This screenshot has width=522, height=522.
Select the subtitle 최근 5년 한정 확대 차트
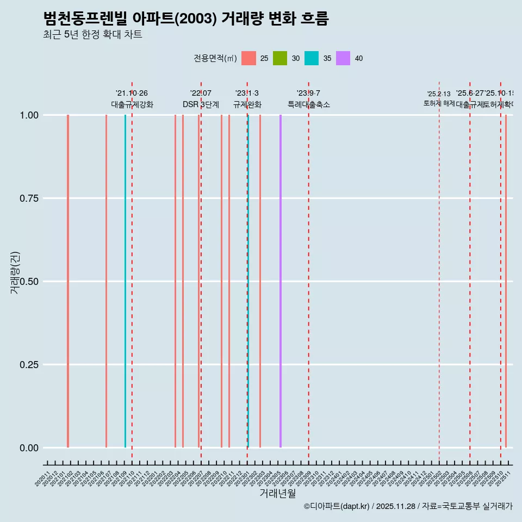point(92,35)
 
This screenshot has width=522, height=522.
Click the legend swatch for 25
point(248,58)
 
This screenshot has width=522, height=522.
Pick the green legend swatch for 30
point(280,58)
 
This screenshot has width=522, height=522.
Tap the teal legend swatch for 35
point(312,58)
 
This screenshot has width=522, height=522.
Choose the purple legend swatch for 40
point(343,58)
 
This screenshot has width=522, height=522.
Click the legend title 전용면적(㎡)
point(215,59)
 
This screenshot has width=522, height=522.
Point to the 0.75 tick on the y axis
point(28,198)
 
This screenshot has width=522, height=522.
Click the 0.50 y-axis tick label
point(28,282)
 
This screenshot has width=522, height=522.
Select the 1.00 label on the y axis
point(28,115)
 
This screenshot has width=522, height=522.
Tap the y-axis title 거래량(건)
point(15,272)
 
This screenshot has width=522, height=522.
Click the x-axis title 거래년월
point(277,493)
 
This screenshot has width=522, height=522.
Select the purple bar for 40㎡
point(281,281)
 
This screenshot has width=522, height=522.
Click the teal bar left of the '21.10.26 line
point(125,281)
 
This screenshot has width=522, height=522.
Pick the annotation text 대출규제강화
point(132,104)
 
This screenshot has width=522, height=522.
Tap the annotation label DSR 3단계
point(201,104)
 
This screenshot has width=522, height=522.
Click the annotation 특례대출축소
point(309,104)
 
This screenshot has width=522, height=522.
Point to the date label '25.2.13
point(439,94)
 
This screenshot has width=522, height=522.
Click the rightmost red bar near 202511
point(506,281)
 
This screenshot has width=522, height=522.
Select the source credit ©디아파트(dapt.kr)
point(337,506)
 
